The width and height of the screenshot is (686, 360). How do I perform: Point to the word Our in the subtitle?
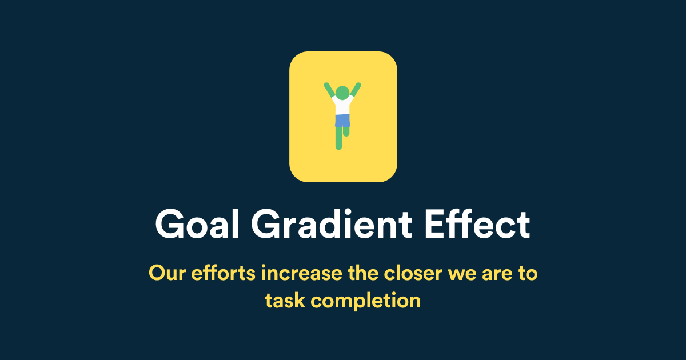pyautogui.click(x=166, y=273)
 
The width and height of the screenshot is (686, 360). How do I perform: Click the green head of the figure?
pyautogui.click(x=342, y=93)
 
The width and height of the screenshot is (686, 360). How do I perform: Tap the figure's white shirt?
pyautogui.click(x=342, y=106)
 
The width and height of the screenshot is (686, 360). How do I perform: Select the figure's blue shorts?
pyautogui.click(x=342, y=121)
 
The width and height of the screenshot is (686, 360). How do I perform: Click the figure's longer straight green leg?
pyautogui.click(x=338, y=139)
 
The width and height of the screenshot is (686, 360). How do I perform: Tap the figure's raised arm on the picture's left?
pyautogui.click(x=329, y=90)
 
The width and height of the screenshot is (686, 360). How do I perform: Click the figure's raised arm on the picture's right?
pyautogui.click(x=356, y=90)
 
